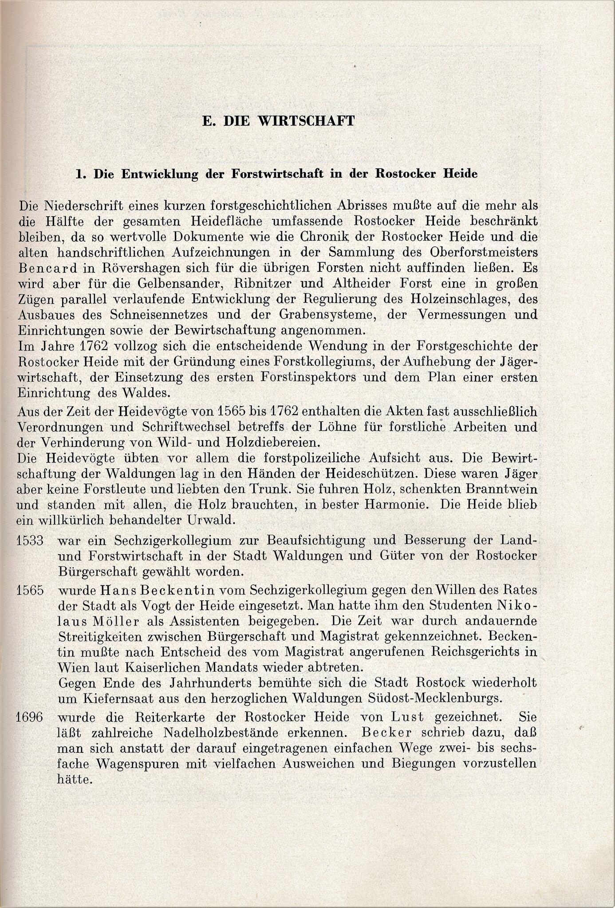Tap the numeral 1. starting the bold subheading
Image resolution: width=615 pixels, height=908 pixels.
[80, 174]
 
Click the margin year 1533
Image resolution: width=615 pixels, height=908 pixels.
[30, 540]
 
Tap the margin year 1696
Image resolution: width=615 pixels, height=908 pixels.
[30, 717]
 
